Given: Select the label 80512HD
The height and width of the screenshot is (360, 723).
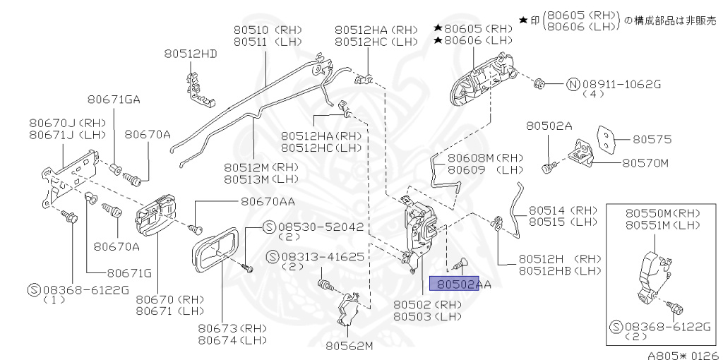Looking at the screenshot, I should point(191,54).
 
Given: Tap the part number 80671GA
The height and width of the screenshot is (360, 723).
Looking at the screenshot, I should point(114,100).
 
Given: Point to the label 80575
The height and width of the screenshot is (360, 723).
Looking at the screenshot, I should point(651,139).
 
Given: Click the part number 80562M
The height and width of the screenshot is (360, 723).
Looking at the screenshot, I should point(349,346).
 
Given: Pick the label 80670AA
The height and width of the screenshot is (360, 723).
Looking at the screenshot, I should point(268,201).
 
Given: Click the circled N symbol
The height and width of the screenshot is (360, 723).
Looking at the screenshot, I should point(573,84).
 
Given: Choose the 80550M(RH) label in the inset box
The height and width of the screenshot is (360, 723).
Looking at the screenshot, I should point(657,212).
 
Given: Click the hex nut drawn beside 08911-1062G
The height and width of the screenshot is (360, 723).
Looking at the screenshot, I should point(538,83).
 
